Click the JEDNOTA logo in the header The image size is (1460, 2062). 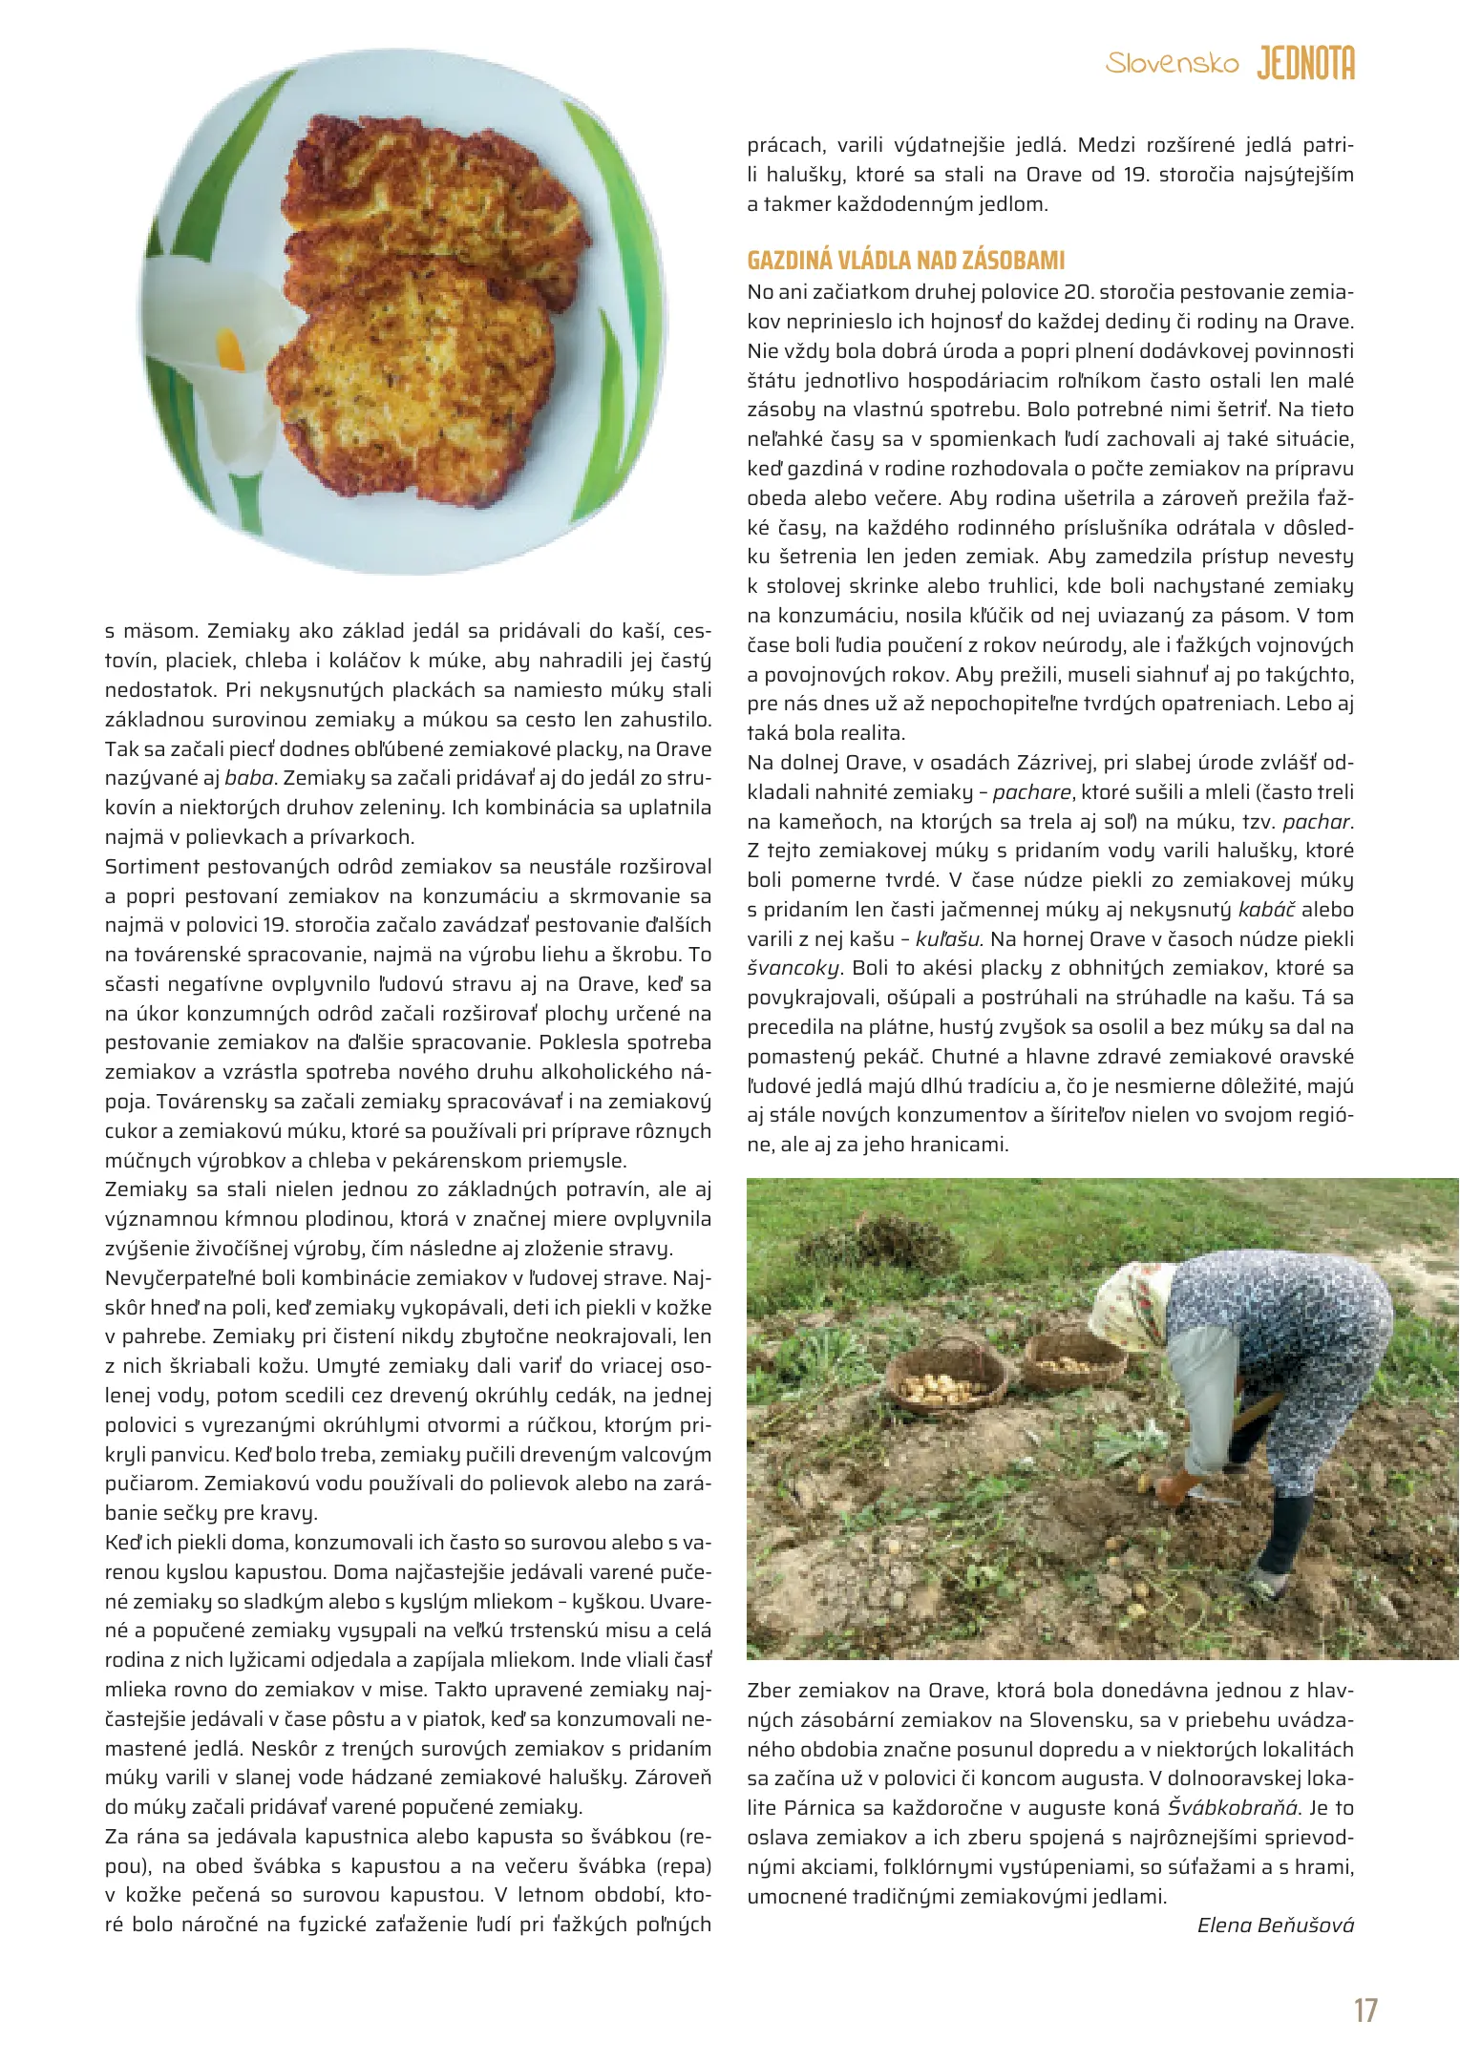coord(1305,64)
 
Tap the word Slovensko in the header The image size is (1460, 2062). coord(1172,64)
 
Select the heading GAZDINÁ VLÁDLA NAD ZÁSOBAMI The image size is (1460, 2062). coord(905,261)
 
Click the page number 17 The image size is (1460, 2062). coord(1365,2009)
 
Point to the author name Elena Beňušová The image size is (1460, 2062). coord(1275,1925)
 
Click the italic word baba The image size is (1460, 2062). coord(249,778)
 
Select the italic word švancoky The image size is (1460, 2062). coord(793,968)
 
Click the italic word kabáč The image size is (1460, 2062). coord(1266,909)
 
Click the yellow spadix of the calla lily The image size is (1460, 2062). coord(232,350)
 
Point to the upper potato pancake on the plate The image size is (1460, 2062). coord(434,205)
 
